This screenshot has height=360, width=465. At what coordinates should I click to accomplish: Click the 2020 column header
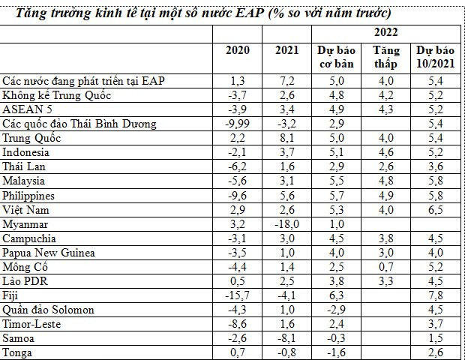[238, 50]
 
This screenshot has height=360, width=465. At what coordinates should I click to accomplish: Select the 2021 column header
[286, 50]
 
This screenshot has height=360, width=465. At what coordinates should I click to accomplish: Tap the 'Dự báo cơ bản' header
[336, 57]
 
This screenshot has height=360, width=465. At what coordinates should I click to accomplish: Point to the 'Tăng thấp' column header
[385, 57]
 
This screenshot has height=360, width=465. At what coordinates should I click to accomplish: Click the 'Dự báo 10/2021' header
[435, 57]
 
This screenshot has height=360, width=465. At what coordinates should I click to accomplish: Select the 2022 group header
[385, 32]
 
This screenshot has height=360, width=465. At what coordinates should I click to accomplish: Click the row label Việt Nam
[25, 210]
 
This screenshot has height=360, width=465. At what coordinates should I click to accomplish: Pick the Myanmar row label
[25, 224]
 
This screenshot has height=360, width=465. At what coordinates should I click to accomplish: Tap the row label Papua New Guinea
[49, 253]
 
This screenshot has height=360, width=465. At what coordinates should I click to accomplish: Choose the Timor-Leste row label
[31, 324]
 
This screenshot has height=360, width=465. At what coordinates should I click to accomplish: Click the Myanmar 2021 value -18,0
[286, 224]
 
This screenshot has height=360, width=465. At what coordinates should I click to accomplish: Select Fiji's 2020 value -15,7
[238, 295]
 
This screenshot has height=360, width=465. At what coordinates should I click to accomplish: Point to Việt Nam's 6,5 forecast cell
[435, 210]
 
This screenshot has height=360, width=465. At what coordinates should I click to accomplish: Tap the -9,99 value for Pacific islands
[238, 124]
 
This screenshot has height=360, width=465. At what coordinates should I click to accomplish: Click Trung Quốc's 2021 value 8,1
[286, 138]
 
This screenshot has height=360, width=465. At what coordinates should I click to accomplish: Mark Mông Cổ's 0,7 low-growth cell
[385, 267]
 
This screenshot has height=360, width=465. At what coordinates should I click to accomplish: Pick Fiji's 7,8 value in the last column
[435, 295]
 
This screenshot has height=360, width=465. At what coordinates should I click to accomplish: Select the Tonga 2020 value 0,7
[238, 352]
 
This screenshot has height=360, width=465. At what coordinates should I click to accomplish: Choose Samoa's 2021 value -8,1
[286, 338]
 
